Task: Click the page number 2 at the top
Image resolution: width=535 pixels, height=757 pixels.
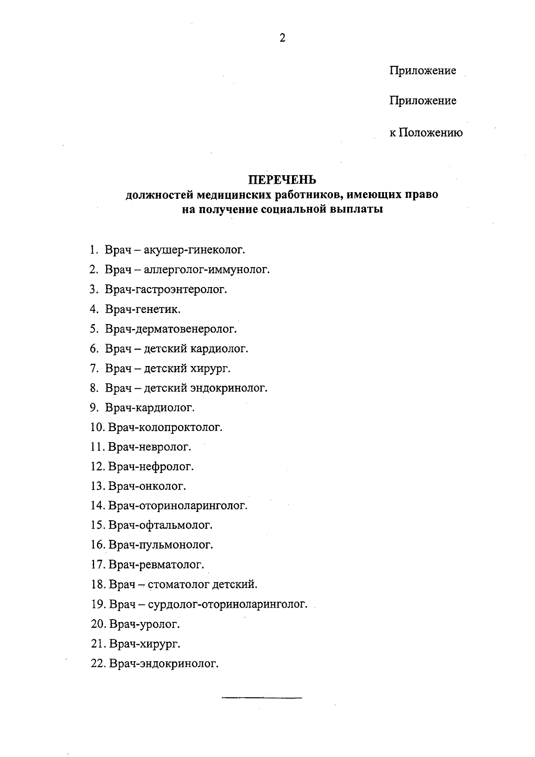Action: [x=282, y=38]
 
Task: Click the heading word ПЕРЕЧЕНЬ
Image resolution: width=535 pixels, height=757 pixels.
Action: [x=282, y=180]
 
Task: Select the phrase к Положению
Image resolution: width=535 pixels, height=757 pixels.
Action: [x=426, y=133]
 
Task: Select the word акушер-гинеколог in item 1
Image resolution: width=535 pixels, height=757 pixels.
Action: [x=194, y=250]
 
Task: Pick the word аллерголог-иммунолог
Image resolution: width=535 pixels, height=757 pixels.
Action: [x=207, y=270]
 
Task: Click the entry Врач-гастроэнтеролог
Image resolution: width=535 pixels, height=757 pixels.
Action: [x=166, y=289]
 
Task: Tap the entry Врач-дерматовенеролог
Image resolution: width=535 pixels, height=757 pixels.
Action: [x=171, y=329]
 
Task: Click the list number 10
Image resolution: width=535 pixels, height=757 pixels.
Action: [x=97, y=428]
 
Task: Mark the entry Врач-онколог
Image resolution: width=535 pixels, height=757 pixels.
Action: [x=147, y=486]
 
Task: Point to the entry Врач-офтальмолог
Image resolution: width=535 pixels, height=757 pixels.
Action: [x=160, y=526]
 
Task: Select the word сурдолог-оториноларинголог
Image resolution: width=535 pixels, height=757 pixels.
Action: [x=226, y=605]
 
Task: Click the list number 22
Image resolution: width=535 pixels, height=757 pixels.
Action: [x=98, y=664]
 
